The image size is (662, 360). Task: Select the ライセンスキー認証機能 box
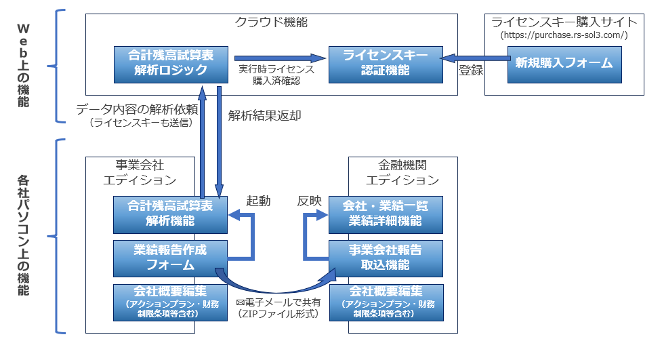385,63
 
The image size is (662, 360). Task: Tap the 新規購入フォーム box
563,63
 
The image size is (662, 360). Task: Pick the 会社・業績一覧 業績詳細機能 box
385,213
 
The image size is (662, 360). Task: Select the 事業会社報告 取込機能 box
385,258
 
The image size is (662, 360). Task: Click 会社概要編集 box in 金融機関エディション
385,302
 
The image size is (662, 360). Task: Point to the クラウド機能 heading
271,22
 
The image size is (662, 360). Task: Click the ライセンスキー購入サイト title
563,21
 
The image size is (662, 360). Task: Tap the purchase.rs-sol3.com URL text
563,35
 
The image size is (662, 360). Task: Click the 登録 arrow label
470,70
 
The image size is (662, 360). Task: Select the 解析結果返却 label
265,115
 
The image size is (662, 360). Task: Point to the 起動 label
258,201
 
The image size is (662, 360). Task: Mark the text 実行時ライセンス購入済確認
276,74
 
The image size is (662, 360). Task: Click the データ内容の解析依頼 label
137,108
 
